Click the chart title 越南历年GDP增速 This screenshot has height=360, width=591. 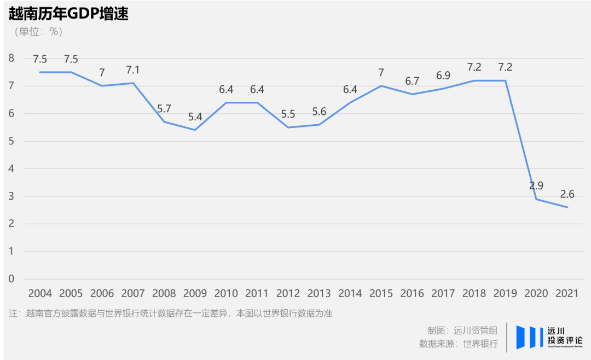click(x=68, y=14)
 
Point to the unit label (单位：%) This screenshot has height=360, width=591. click(x=38, y=32)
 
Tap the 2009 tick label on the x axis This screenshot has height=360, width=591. click(x=195, y=293)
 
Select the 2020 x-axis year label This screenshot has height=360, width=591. click(x=536, y=293)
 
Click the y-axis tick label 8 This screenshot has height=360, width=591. click(x=11, y=58)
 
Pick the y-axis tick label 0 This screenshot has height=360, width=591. click(x=11, y=278)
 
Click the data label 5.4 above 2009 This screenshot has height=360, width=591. click(x=195, y=117)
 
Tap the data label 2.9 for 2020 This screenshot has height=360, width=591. click(x=536, y=185)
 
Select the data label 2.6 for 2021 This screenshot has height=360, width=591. click(x=567, y=194)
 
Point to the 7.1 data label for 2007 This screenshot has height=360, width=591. click(x=133, y=70)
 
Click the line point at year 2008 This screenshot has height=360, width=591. click(x=164, y=121)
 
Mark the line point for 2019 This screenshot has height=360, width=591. click(x=505, y=80)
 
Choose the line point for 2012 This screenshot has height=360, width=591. click(x=288, y=127)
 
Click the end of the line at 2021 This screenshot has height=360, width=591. click(x=567, y=207)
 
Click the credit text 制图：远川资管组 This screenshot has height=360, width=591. click(x=462, y=330)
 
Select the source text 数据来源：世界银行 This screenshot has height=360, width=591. click(x=458, y=344)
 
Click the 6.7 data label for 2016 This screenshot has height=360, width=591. click(x=412, y=81)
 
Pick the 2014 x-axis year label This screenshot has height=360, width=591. click(x=350, y=293)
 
